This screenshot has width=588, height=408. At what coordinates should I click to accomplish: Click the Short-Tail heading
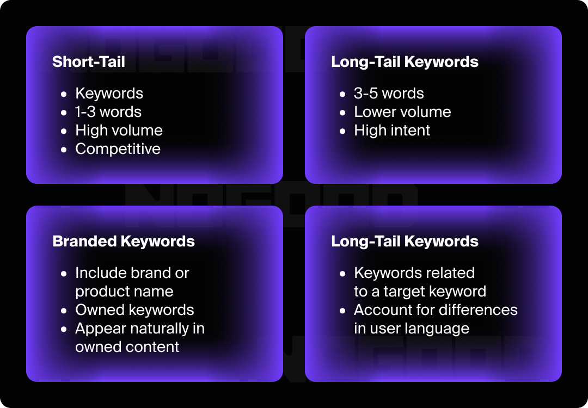[88, 61]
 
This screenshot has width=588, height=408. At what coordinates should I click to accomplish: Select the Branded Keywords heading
[124, 241]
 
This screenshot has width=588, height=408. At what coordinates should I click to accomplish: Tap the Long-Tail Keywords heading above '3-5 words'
[405, 61]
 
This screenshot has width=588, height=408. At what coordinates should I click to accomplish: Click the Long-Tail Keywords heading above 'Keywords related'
[405, 241]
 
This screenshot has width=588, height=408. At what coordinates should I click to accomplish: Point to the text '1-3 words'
[108, 112]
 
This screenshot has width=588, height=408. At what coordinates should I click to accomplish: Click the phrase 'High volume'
[119, 131]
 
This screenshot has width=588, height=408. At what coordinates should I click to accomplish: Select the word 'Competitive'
[118, 149]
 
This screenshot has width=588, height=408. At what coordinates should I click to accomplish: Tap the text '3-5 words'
[389, 94]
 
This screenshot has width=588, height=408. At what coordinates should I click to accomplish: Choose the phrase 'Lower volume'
[402, 112]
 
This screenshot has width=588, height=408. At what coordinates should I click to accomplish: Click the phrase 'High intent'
[392, 131]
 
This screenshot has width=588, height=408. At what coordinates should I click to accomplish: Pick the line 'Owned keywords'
[134, 310]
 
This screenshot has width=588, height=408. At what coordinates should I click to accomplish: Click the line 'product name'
[124, 292]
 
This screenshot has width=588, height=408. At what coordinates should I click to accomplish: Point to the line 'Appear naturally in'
[140, 329]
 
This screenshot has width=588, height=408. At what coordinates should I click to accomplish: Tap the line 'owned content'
[127, 347]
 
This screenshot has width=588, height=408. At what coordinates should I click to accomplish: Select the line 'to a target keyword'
[420, 292]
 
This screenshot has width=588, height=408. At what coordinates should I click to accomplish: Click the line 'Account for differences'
[436, 310]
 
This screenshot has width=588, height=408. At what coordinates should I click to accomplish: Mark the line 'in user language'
[412, 329]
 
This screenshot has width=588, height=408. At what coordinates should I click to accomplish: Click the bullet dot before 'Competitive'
[64, 150]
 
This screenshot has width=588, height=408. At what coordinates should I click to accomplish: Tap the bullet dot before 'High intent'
[342, 131]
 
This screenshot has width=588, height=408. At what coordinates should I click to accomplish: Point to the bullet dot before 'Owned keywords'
[64, 311]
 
